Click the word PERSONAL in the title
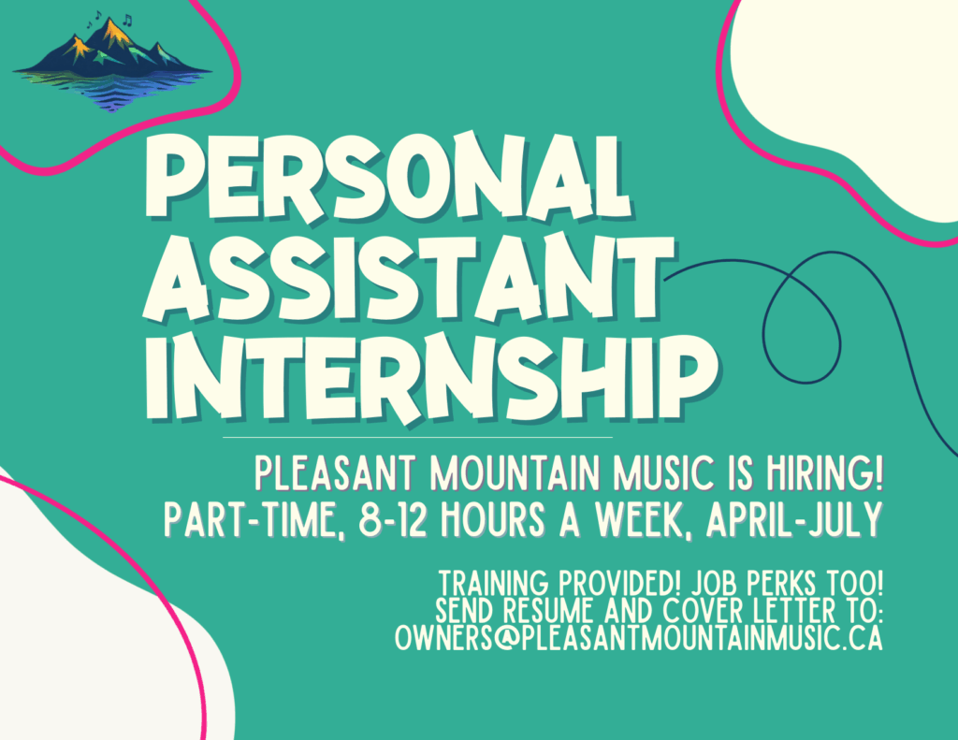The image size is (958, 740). tap(389, 177)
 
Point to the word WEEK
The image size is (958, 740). tap(646, 520)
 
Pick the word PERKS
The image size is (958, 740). tap(783, 583)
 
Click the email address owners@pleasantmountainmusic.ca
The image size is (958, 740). tap(639, 637)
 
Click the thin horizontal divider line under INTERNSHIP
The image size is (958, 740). tap(418, 438)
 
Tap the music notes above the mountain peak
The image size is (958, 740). tap(110, 20)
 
